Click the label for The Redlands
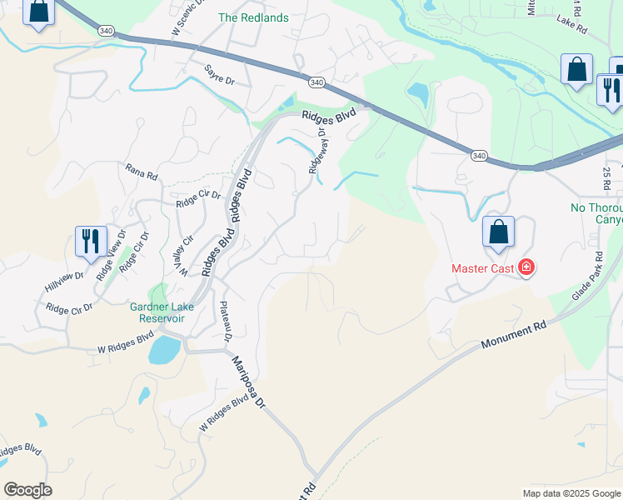tap(253, 17)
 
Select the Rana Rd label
tap(141, 173)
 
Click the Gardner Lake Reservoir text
tap(162, 312)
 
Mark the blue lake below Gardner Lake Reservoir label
tap(164, 350)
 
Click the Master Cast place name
tap(482, 268)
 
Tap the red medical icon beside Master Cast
tap(526, 267)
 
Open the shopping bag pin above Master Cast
tap(498, 233)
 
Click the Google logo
tap(27, 489)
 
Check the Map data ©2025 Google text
tap(571, 493)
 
